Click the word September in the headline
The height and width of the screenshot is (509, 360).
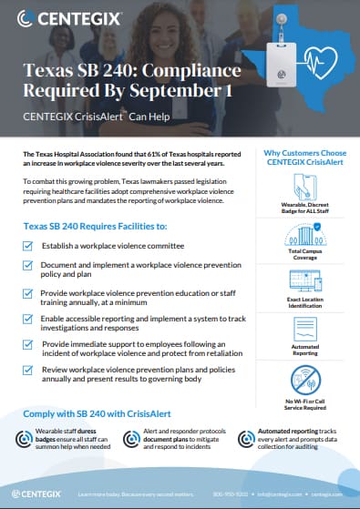173,91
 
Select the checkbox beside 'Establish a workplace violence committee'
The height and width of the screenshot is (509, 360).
29,247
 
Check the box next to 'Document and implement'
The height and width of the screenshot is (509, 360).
29,264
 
